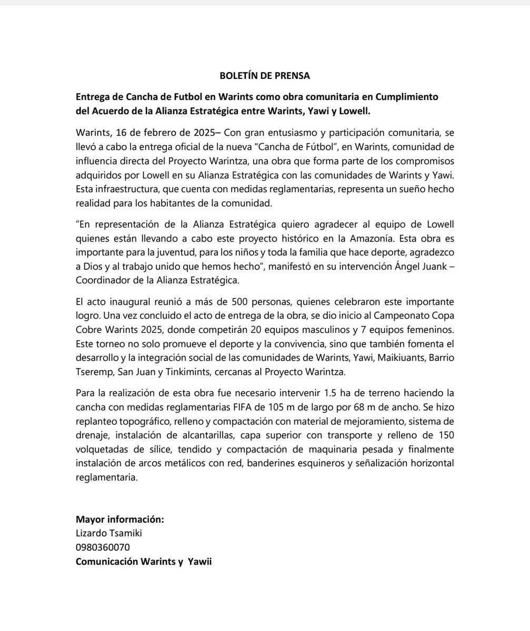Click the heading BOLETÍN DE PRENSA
point(265,75)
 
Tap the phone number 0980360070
point(103,547)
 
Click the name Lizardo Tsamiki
point(109,533)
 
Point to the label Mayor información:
point(120,520)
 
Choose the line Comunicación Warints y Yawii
point(144,561)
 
